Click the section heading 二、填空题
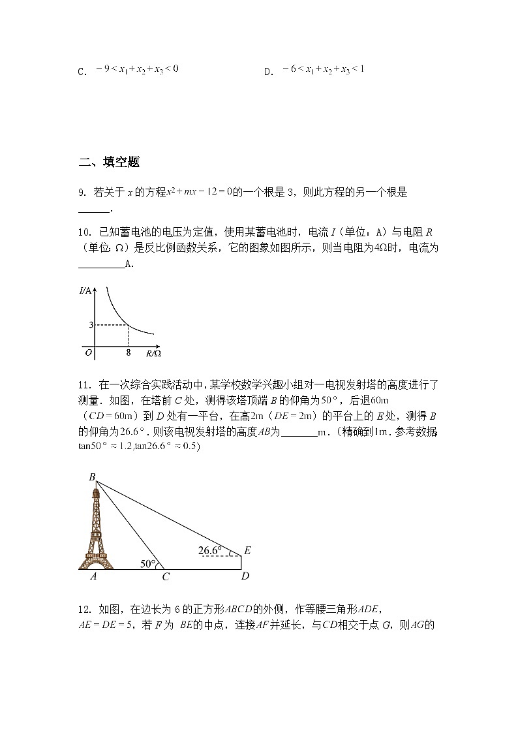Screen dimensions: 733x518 [109, 163]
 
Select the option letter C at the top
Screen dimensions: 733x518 [82, 72]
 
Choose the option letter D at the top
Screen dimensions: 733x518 [267, 72]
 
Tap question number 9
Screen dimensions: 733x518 [82, 193]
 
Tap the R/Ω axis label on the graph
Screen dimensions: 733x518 [153, 353]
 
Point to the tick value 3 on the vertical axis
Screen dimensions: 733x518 [91, 324]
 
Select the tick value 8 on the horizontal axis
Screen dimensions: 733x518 [129, 352]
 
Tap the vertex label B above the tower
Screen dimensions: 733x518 [92, 477]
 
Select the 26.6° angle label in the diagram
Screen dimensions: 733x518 [209, 550]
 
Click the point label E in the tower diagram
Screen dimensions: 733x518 [247, 551]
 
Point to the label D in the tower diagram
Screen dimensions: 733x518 [245, 576]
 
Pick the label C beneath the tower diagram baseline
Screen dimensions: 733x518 [166, 577]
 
